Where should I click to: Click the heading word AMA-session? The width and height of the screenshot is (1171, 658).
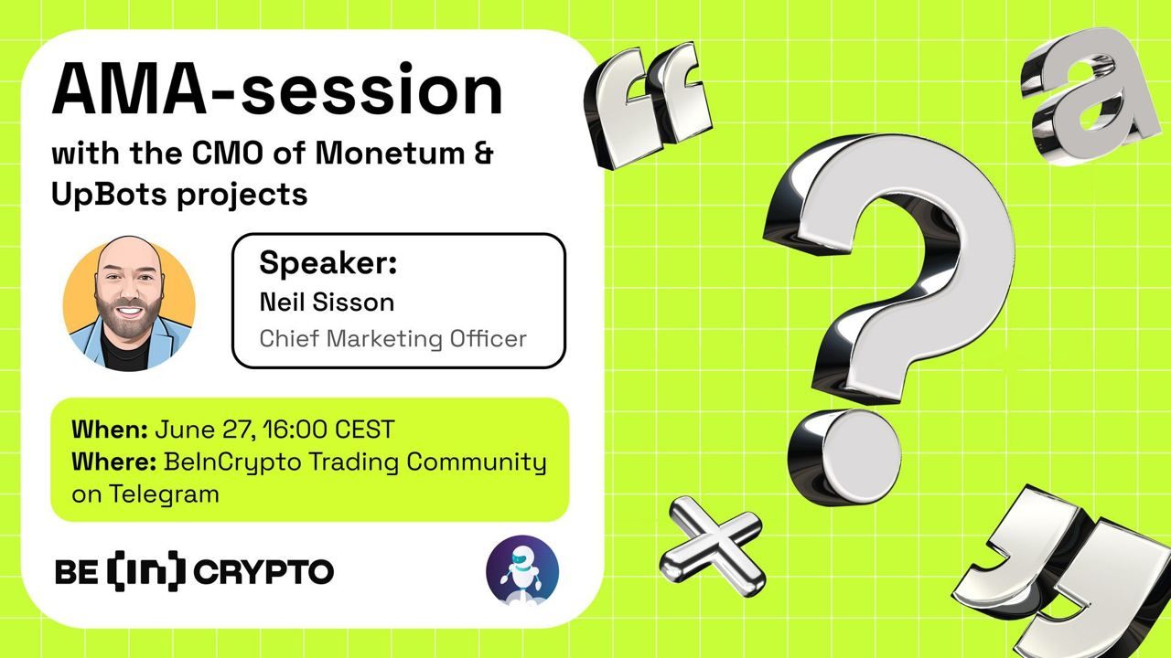pyautogui.click(x=277, y=91)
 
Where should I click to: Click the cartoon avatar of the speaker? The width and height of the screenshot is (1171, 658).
pyautogui.click(x=129, y=302)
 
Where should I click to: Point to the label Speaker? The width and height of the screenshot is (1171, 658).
pyautogui.click(x=328, y=263)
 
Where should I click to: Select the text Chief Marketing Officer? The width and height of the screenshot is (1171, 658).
pyautogui.click(x=392, y=338)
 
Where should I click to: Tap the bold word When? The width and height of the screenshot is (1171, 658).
pyautogui.click(x=110, y=429)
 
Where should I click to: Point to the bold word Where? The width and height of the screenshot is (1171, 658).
pyautogui.click(x=115, y=462)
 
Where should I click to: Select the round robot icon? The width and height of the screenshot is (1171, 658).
pyautogui.click(x=522, y=570)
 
